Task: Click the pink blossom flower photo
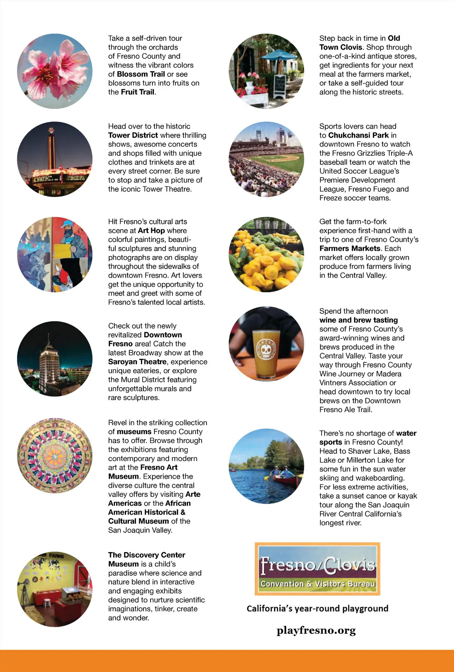[x=55, y=71]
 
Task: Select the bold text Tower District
[x=133, y=135]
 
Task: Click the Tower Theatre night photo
[x=55, y=159]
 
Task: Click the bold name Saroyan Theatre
[x=137, y=362]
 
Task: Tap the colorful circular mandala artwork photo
[x=55, y=455]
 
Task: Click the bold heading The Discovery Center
[x=146, y=555]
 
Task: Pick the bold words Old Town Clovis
[x=359, y=43]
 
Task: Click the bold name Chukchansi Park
[x=358, y=135]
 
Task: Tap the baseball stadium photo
[x=266, y=159]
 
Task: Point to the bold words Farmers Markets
[x=350, y=248]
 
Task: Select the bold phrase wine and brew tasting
[x=358, y=320]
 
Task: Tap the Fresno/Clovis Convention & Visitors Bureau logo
[x=317, y=569]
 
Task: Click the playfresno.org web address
[x=316, y=630]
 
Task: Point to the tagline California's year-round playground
[x=317, y=608]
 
